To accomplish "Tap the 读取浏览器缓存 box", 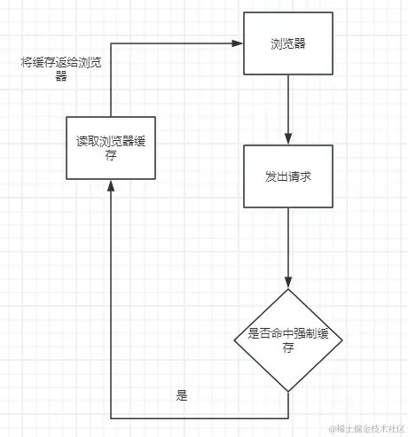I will [x=110, y=146].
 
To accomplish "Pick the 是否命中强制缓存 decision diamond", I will [x=288, y=339].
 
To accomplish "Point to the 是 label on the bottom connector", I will [x=183, y=396].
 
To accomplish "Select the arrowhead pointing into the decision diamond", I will [x=288, y=282].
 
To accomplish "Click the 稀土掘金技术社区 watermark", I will [x=365, y=428].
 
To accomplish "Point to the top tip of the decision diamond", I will [x=288, y=289].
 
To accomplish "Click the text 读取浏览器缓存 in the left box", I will [x=110, y=148].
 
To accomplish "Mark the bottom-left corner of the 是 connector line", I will [x=110, y=417].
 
